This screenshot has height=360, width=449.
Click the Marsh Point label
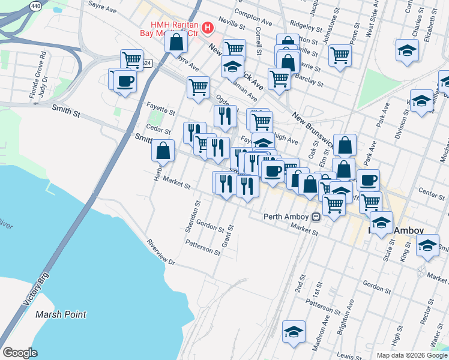coord(61,314)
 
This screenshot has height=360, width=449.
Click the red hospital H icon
coord(208,28)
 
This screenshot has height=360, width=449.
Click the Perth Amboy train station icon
coord(316,217)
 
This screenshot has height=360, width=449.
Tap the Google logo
coord(20,353)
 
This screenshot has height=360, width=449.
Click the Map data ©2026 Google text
coord(411,355)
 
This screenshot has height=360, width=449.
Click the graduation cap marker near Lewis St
coord(294,331)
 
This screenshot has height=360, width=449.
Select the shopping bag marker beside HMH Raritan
coord(176,43)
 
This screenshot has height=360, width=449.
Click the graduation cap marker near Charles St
coord(407,50)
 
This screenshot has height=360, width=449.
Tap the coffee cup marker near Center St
coord(368,179)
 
